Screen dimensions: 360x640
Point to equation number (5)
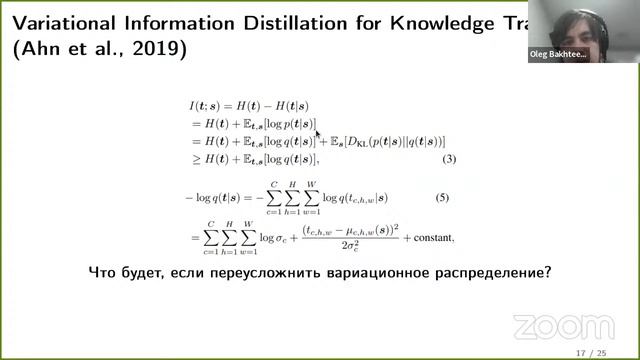450,197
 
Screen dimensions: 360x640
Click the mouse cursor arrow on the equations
318,132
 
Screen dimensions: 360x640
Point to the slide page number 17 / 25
591,353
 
